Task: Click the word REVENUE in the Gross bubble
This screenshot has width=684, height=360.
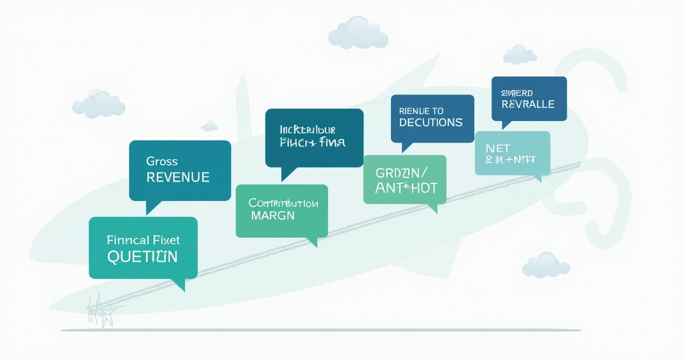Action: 178,178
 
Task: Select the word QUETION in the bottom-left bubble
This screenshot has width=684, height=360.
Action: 142,257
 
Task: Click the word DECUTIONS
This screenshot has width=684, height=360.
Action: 431,123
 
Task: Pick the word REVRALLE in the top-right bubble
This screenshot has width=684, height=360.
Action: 528,105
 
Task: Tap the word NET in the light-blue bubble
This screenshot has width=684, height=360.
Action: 498,148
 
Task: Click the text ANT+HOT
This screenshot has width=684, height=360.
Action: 406,188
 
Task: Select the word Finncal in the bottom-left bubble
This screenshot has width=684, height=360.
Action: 126,240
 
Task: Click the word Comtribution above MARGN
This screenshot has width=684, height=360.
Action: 283,203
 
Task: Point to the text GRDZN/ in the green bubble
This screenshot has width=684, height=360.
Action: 400,172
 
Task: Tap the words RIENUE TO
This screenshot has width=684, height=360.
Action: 421,111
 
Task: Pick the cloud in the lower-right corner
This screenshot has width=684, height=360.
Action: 546,265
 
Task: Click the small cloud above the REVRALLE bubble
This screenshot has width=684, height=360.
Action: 520,55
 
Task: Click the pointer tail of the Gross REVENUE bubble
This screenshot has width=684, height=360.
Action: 151,207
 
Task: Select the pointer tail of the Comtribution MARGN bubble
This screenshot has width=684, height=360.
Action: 312,242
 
